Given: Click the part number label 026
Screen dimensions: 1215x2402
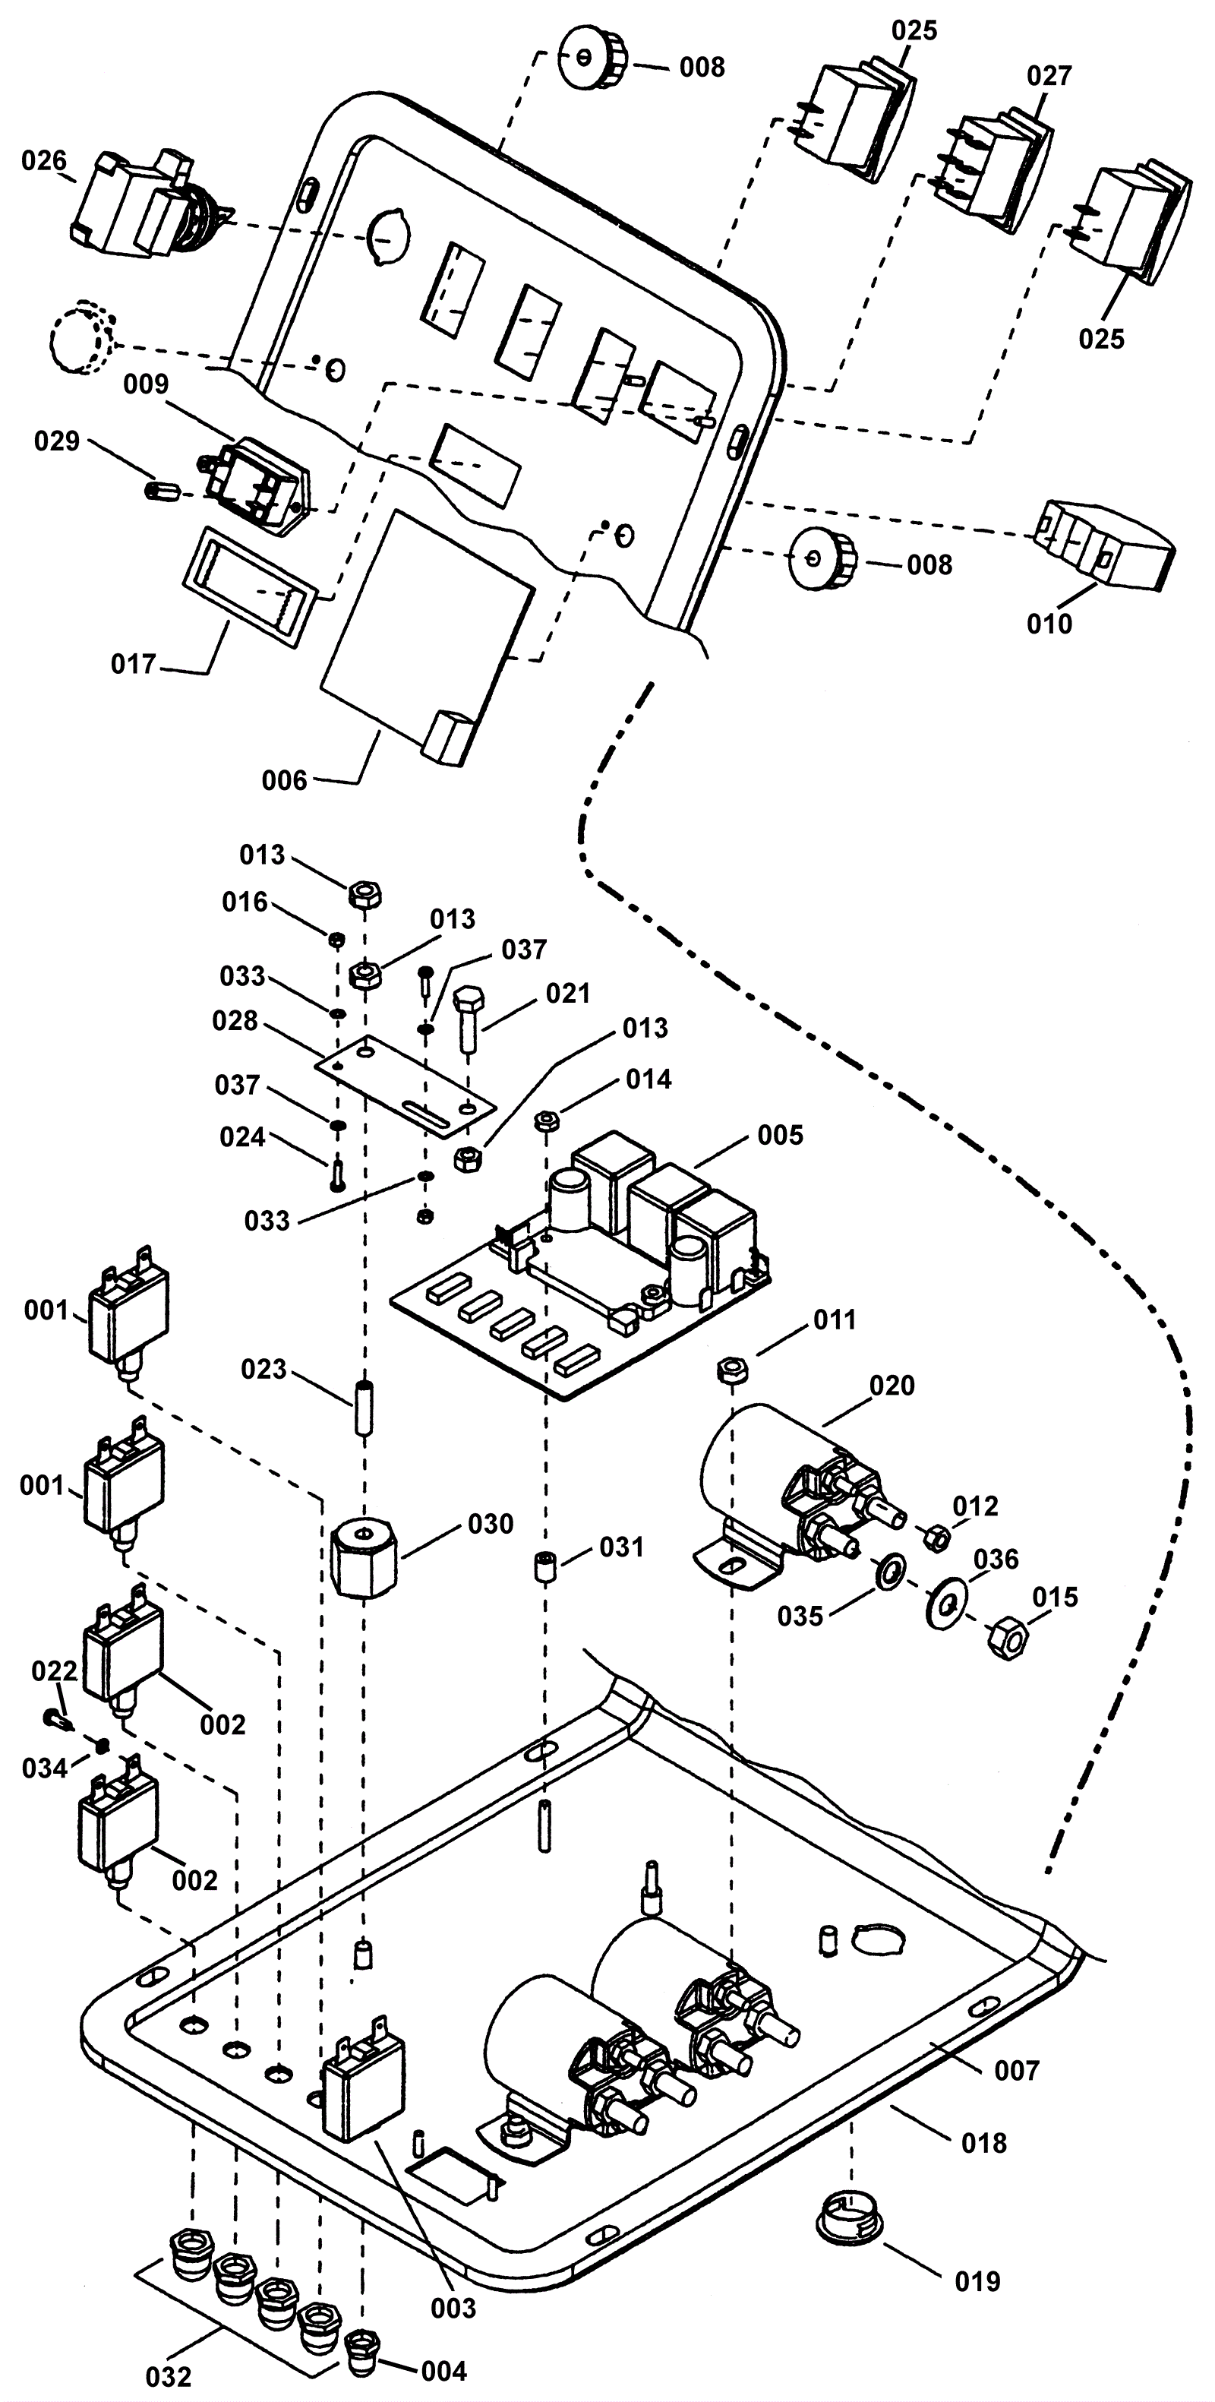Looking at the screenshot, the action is tap(45, 161).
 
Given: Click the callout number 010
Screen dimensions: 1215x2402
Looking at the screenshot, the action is tap(1050, 624).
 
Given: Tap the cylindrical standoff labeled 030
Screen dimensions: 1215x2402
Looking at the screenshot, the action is tap(364, 1555).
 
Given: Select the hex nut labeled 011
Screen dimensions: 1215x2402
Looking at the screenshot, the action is tap(733, 1370).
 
